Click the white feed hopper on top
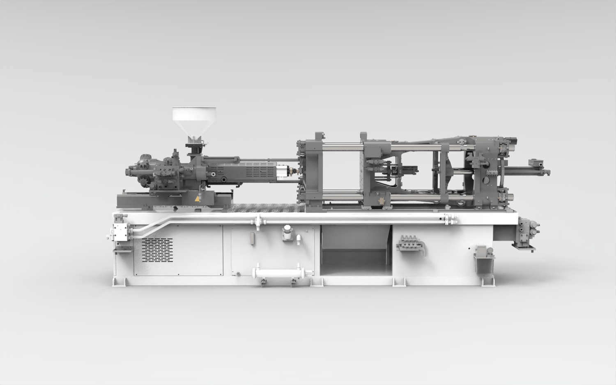coord(194,119)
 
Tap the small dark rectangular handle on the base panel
coord(252,238)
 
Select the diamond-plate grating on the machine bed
coord(267,208)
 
